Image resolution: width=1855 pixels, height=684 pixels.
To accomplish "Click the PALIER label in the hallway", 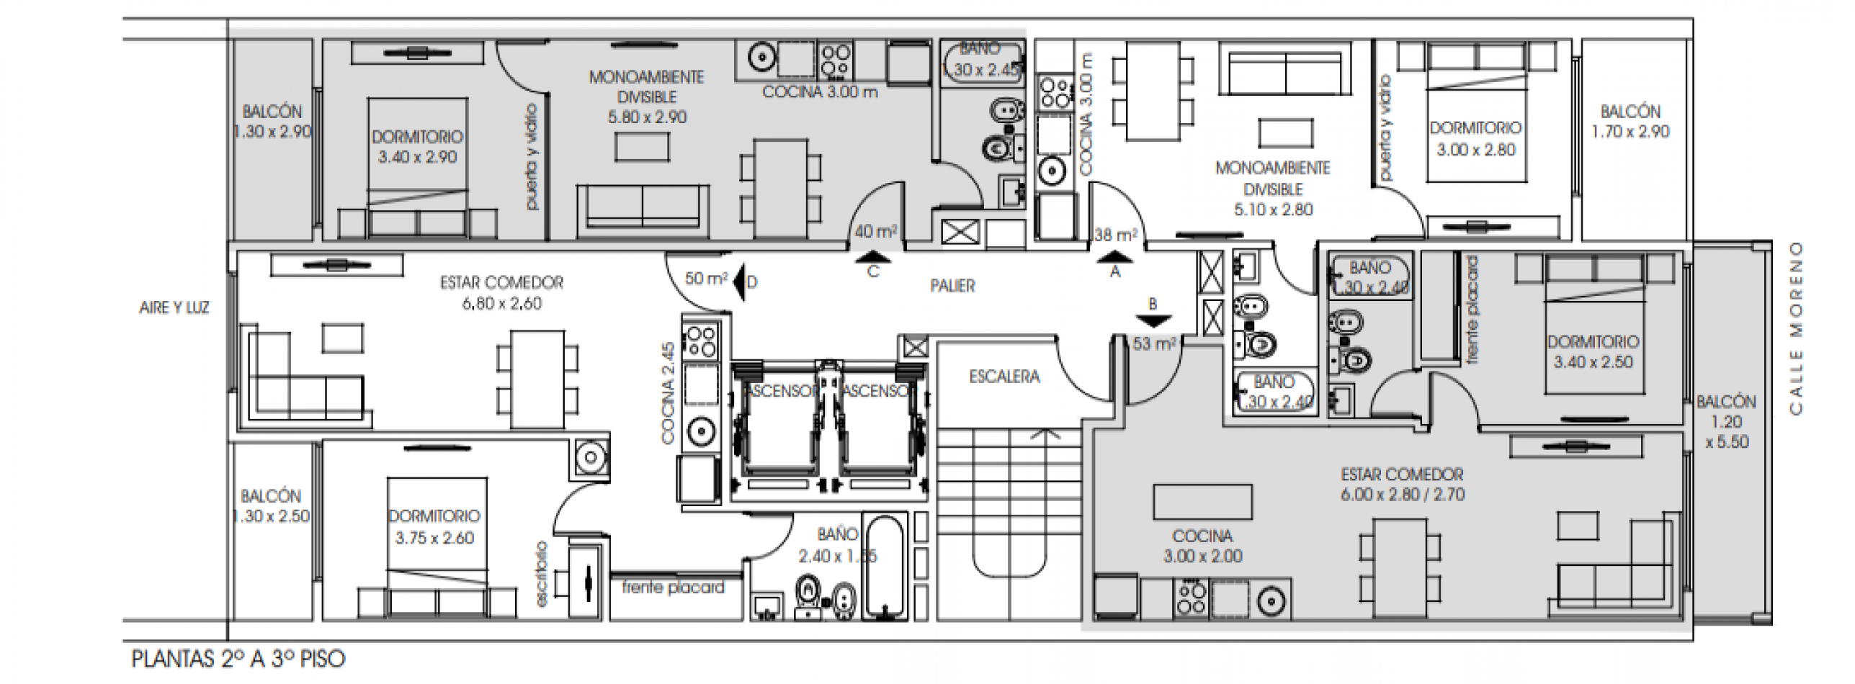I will [x=952, y=286].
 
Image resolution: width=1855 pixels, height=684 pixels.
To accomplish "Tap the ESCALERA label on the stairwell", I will [x=1004, y=377].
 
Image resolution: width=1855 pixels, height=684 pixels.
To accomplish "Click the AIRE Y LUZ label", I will [x=174, y=308].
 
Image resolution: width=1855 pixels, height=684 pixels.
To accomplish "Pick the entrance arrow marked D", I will [x=739, y=282].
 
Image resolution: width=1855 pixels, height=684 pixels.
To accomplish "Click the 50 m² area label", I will [x=705, y=278].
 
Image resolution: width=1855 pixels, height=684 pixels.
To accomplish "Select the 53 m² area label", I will [x=1153, y=344].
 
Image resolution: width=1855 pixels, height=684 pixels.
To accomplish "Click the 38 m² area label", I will [x=1115, y=235].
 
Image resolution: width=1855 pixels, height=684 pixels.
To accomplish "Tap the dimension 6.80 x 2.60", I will [x=501, y=304].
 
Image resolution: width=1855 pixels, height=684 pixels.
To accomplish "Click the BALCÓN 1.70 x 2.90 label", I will [x=1630, y=122].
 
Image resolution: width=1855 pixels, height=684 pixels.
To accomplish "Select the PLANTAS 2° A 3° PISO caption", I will [x=238, y=659].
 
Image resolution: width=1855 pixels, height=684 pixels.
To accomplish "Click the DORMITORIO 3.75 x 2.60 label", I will [x=434, y=527].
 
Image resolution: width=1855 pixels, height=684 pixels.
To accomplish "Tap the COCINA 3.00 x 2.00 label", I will [x=1202, y=546].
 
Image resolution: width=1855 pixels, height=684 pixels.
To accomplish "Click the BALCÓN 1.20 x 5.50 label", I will [x=1727, y=422].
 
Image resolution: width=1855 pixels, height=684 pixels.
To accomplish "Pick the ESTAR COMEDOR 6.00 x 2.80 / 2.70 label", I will [x=1402, y=485].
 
